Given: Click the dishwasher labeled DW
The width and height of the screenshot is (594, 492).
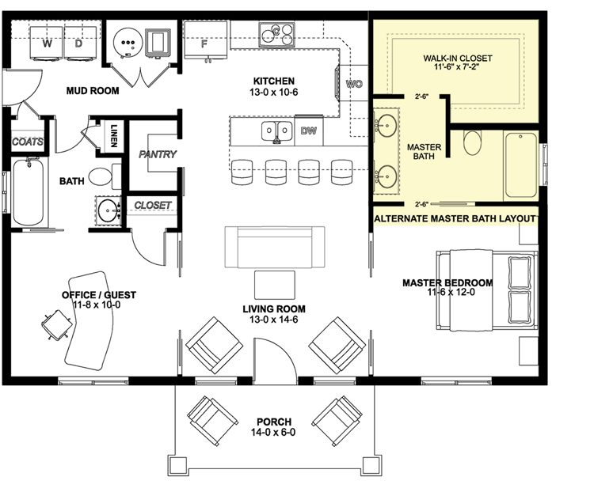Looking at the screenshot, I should click(x=308, y=131).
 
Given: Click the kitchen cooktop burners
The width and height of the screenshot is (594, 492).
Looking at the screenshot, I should click(x=276, y=32).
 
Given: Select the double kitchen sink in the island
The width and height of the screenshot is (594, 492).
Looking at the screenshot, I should click(x=276, y=131).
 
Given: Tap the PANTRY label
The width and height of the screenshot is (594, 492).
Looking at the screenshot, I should click(x=158, y=154).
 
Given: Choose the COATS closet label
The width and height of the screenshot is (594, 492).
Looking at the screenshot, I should click(x=27, y=142).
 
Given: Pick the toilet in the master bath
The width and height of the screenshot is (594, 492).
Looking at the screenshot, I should click(x=471, y=143).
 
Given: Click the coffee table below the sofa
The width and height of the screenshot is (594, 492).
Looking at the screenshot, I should click(x=274, y=284).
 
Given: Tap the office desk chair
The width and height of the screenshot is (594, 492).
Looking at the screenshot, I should click(x=53, y=324).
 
